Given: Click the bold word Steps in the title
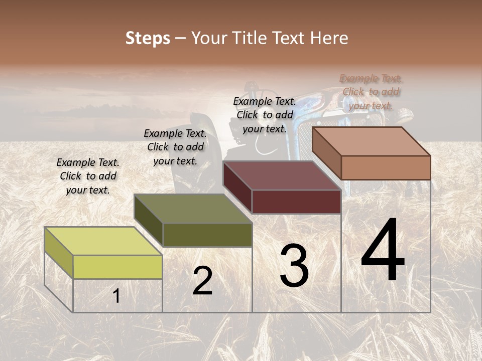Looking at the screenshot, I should tap(148, 38).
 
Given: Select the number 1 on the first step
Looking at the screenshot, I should tap(116, 296).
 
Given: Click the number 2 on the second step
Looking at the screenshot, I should tap(202, 281).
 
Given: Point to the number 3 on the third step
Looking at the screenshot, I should tap(294, 266).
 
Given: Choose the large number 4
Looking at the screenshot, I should tap(383, 250).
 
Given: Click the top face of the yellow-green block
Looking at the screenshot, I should tap(103, 241).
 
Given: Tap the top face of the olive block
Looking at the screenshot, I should tap(193, 208).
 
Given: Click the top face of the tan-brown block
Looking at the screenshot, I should tap(372, 141).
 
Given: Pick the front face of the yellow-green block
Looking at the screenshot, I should tap(117, 267).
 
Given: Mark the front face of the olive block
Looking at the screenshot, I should tap(207, 235).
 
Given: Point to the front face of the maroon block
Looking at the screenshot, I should tap(296, 202).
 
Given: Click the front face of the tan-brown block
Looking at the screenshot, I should tap(386, 167).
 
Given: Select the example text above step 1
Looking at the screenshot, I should tap(88, 176).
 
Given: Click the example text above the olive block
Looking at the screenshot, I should tap(175, 147).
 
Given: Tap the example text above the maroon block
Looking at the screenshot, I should tap(265, 115).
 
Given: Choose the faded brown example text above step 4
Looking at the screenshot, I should tap(371, 92).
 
